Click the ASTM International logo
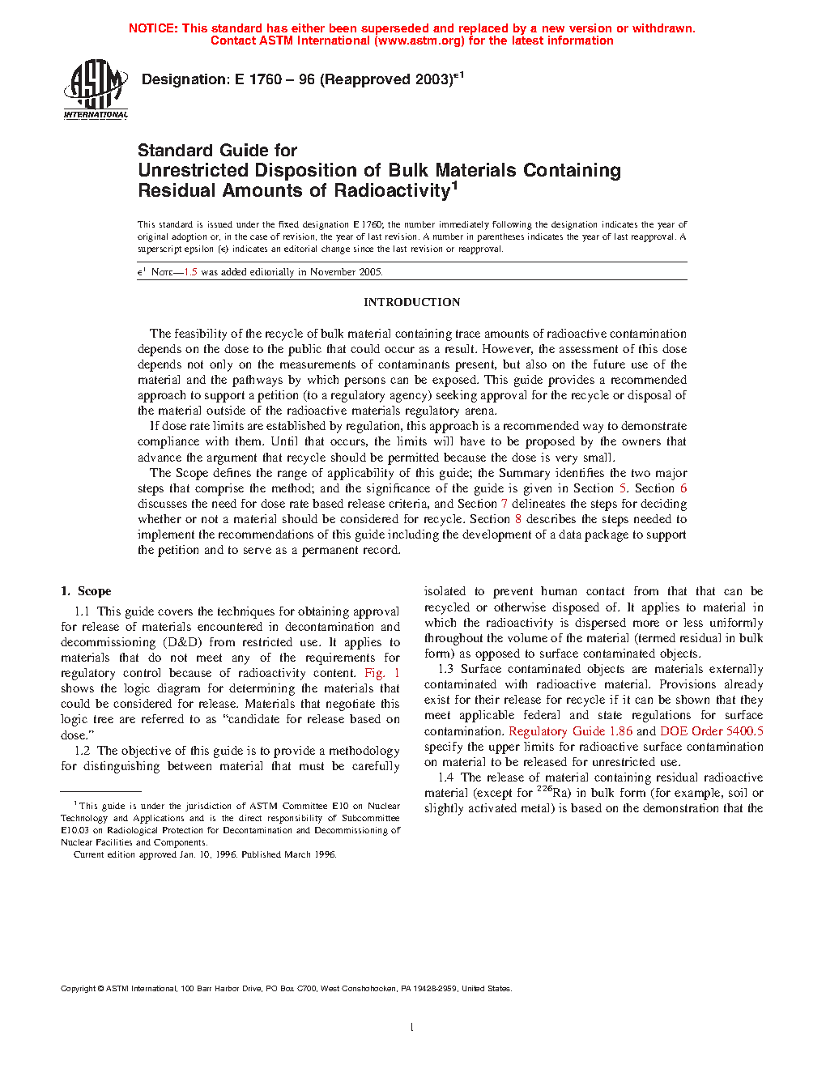pyautogui.click(x=96, y=90)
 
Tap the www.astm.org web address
pyautogui.click(x=419, y=40)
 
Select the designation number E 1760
pyautogui.click(x=258, y=79)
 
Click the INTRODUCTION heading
pyautogui.click(x=411, y=302)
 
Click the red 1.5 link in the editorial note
pyautogui.click(x=190, y=272)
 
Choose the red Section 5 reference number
pyautogui.click(x=623, y=488)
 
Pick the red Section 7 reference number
pyautogui.click(x=504, y=504)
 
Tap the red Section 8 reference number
pyautogui.click(x=518, y=519)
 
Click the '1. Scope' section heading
pyautogui.click(x=86, y=591)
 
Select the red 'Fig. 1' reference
pyautogui.click(x=381, y=673)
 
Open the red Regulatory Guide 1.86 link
pyautogui.click(x=570, y=731)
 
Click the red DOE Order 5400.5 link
pyautogui.click(x=711, y=731)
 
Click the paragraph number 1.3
pyautogui.click(x=445, y=669)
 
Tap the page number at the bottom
pyautogui.click(x=412, y=1028)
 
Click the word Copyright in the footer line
pyautogui.click(x=78, y=989)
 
